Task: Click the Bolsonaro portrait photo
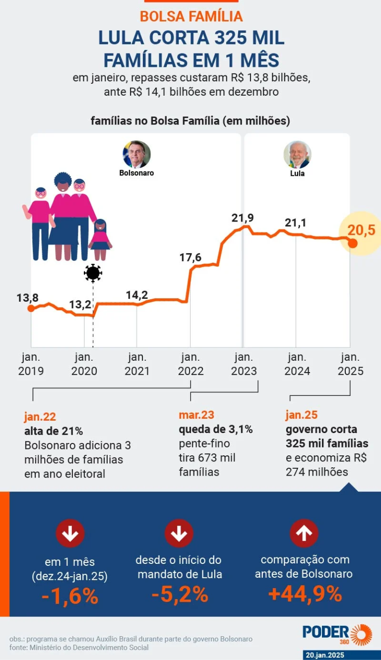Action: click(136, 154)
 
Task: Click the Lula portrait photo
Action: click(297, 155)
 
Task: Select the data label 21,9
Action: click(243, 218)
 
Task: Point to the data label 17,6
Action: click(190, 257)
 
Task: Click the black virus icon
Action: click(93, 273)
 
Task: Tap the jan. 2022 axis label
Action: click(190, 364)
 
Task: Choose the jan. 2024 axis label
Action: click(297, 364)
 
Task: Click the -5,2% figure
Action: click(180, 594)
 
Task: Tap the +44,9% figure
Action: click(305, 593)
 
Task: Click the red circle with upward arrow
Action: click(304, 533)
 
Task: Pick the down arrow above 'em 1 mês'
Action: click(70, 533)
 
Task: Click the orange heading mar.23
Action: click(196, 415)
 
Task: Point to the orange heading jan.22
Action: click(40, 417)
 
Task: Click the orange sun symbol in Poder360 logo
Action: click(361, 635)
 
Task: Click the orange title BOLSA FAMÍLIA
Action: click(191, 16)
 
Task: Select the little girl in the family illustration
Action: click(100, 239)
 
